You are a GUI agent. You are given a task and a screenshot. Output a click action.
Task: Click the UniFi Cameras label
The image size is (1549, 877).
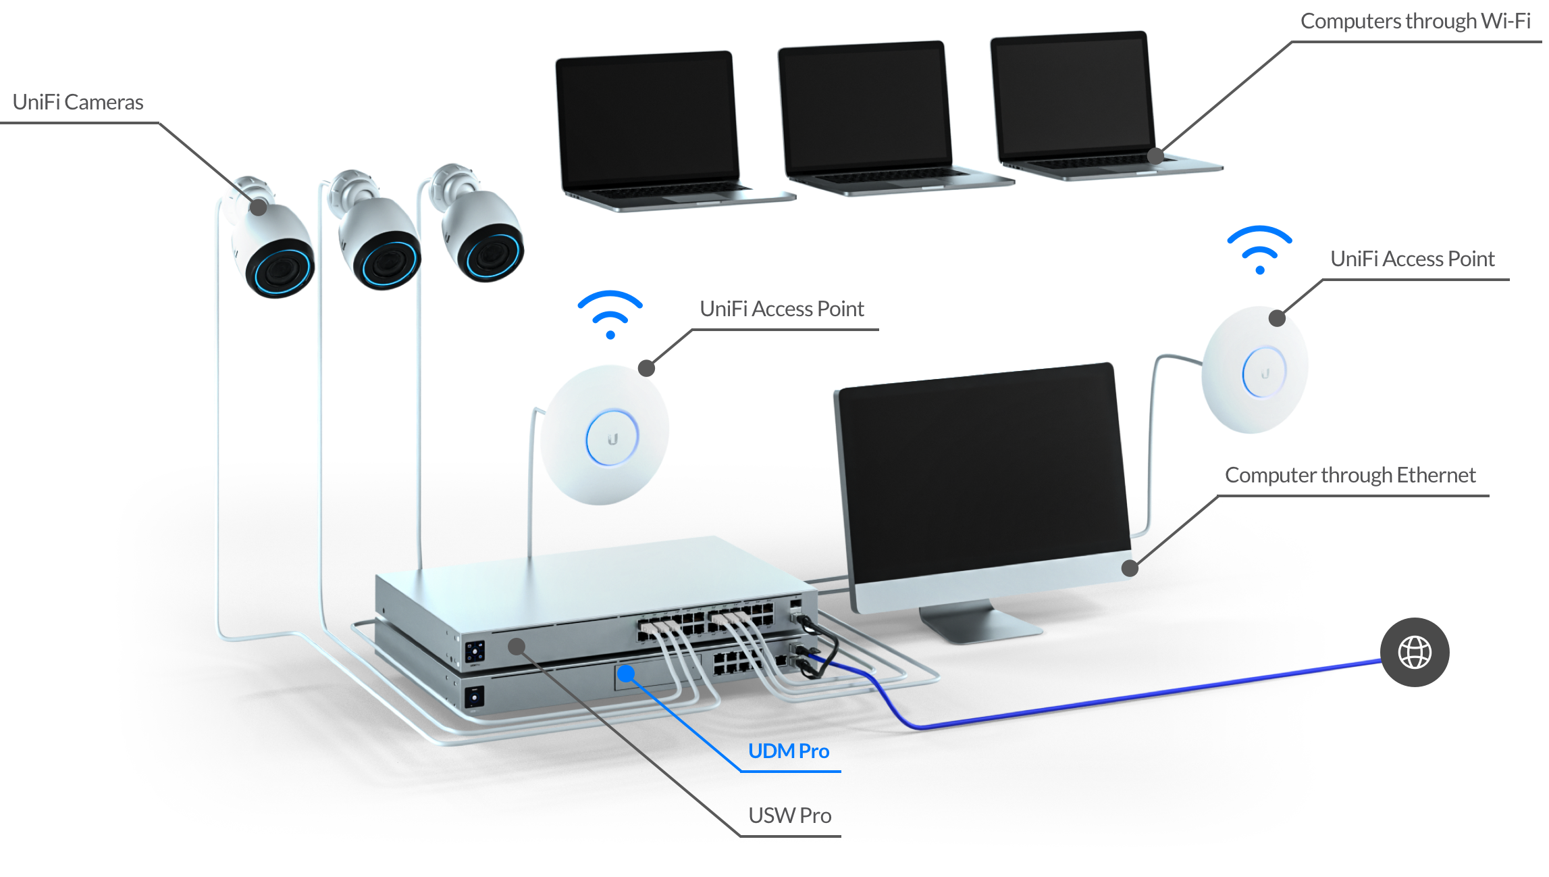(x=78, y=103)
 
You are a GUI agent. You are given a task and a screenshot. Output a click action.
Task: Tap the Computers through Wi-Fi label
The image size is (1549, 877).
(x=1415, y=22)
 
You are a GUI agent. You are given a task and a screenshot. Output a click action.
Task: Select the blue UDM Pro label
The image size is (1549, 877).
(x=789, y=751)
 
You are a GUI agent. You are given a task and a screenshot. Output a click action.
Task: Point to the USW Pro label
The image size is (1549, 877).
(x=789, y=816)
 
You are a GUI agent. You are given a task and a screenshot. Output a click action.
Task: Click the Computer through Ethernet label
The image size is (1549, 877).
(x=1350, y=476)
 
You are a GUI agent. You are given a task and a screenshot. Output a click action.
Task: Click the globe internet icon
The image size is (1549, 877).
(x=1415, y=653)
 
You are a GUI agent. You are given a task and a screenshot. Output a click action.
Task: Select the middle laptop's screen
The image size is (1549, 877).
(x=865, y=106)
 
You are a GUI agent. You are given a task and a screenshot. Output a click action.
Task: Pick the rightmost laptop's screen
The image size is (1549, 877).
(x=1073, y=95)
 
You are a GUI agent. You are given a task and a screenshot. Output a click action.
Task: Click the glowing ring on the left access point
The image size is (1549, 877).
(x=612, y=438)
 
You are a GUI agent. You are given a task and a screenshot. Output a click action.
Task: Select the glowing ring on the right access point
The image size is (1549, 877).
(x=1264, y=372)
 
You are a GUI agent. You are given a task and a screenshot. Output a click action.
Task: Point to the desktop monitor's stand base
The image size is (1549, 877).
(x=979, y=625)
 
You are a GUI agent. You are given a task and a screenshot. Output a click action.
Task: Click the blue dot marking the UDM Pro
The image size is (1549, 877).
(x=626, y=673)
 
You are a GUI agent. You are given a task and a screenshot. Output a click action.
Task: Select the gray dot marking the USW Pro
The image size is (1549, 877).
(x=517, y=647)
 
